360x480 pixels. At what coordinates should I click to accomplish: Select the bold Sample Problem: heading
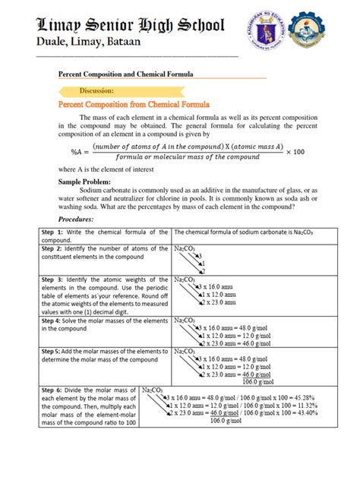pos(84,183)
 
